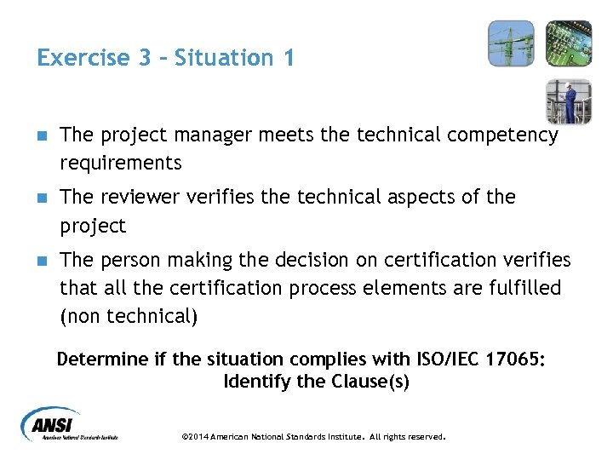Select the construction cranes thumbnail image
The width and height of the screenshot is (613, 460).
tap(511, 43)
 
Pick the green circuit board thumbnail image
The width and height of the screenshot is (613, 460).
tap(568, 43)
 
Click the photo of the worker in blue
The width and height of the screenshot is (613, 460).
tap(568, 101)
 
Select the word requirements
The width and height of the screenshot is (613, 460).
tap(121, 162)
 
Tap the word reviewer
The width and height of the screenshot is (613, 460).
tap(136, 197)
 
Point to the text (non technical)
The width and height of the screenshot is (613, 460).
tap(129, 316)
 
